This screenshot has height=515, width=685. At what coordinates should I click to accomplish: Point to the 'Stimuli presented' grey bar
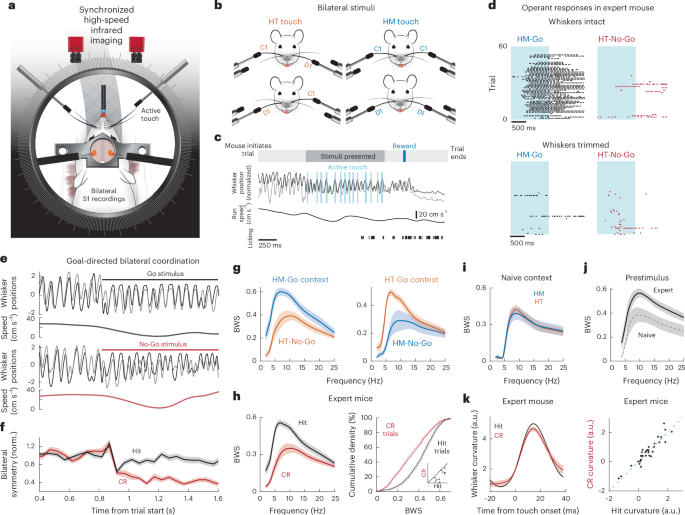pyautogui.click(x=340, y=157)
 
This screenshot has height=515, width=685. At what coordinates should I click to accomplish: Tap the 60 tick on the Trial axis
pyautogui.click(x=501, y=46)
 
